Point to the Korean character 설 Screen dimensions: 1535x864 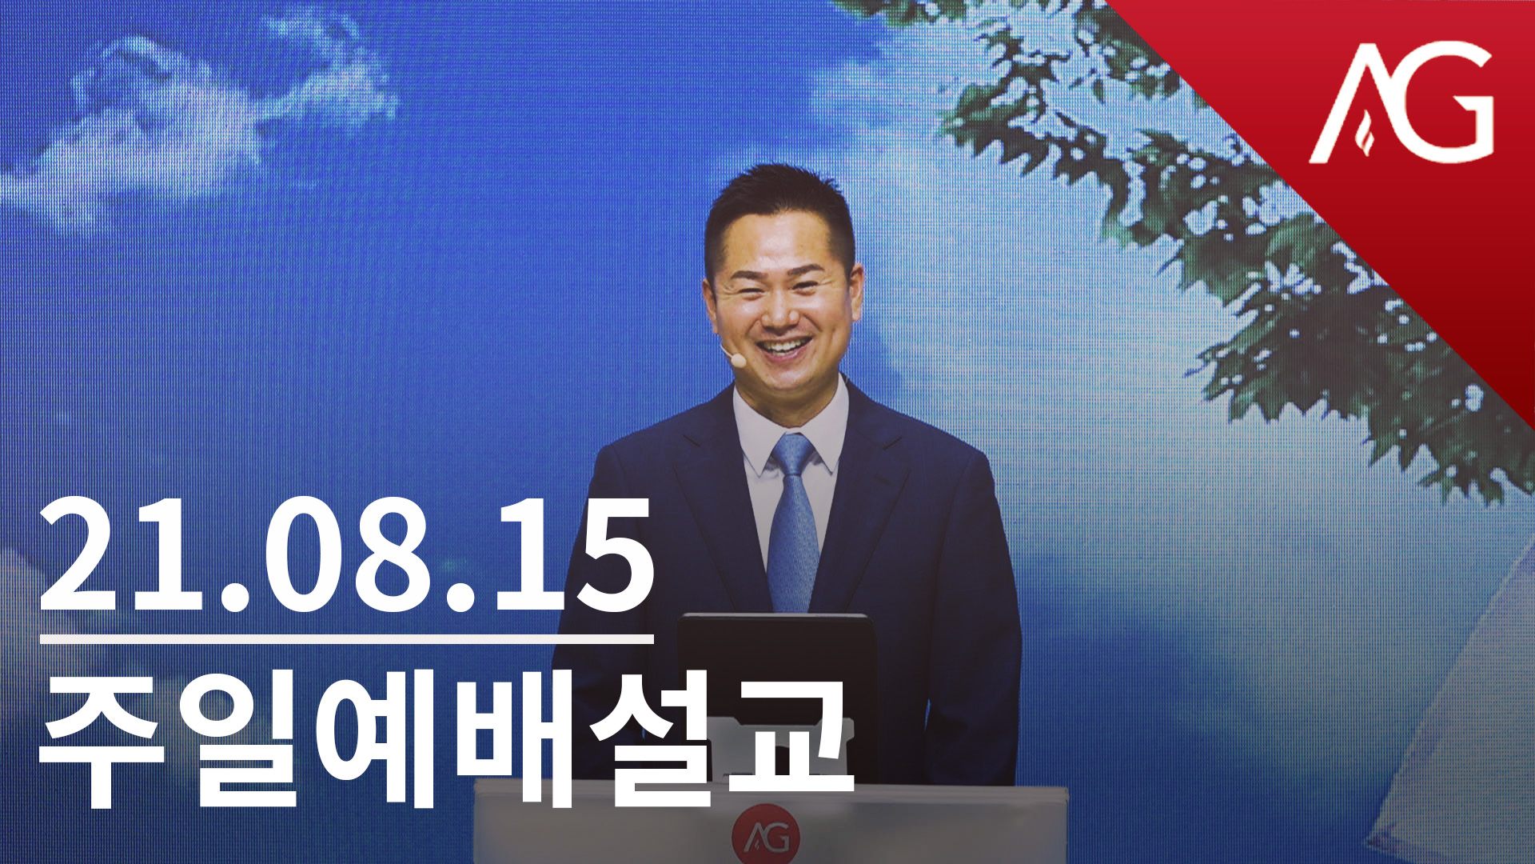652,740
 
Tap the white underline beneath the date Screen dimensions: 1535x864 346,639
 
